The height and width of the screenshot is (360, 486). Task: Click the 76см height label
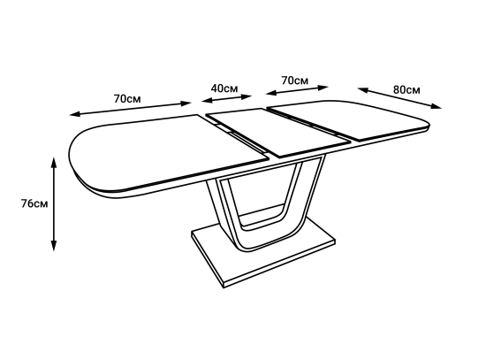point(34,204)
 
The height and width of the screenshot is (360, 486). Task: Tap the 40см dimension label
point(224,88)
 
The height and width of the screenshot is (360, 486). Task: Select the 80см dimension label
point(406,89)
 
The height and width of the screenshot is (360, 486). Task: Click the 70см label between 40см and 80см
point(295,80)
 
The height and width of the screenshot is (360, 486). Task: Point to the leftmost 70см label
point(127,99)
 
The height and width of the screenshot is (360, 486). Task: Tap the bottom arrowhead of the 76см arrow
point(54,245)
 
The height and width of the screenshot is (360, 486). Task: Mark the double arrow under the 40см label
point(226,98)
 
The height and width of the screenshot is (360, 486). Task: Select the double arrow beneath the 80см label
point(399,98)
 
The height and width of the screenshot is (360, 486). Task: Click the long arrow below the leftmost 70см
point(130,109)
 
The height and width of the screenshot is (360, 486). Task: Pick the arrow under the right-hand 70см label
point(297,90)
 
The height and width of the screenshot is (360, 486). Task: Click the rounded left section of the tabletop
point(161,152)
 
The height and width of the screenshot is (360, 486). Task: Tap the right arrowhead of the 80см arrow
point(437,107)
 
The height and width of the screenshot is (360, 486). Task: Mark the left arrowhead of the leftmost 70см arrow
point(75,114)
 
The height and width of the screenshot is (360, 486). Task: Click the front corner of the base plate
point(224,287)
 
